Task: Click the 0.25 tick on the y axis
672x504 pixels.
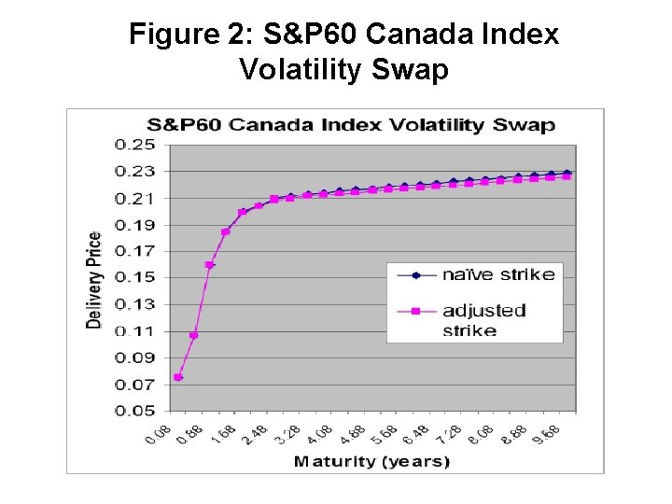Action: pyautogui.click(x=135, y=145)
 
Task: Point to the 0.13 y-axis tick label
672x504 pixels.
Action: pyautogui.click(x=135, y=304)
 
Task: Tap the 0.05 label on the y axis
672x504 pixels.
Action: pyautogui.click(x=135, y=411)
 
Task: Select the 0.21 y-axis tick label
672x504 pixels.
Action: pyautogui.click(x=135, y=198)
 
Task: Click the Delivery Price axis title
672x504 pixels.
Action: pyautogui.click(x=95, y=279)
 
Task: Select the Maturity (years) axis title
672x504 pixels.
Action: pyautogui.click(x=371, y=461)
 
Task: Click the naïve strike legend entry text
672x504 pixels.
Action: pyautogui.click(x=497, y=274)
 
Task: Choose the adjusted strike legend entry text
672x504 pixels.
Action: pyautogui.click(x=483, y=319)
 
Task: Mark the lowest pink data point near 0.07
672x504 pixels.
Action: pyautogui.click(x=178, y=377)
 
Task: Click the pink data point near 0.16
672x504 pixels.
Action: pyautogui.click(x=210, y=265)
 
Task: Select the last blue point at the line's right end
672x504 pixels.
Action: pyautogui.click(x=567, y=173)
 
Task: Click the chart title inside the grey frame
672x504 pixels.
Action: pyautogui.click(x=350, y=125)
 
